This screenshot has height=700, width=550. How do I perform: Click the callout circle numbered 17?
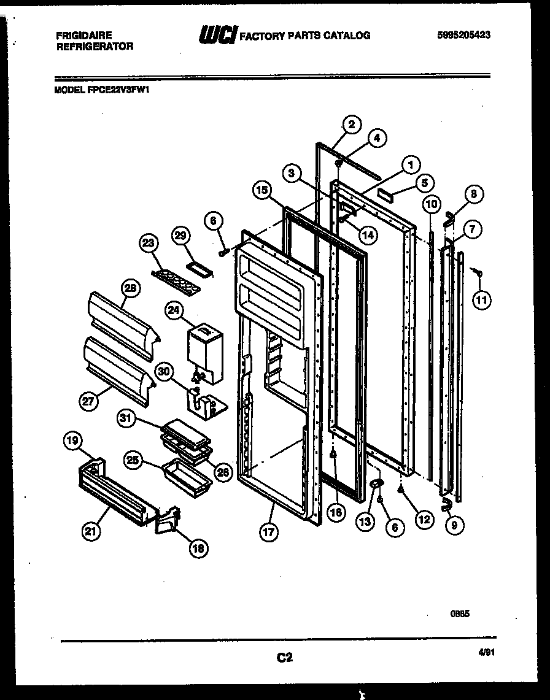(x=268, y=532)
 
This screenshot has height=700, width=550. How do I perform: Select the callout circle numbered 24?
(x=174, y=312)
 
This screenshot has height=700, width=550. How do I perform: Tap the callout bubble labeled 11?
(x=482, y=300)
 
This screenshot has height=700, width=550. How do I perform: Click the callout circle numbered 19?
(x=73, y=439)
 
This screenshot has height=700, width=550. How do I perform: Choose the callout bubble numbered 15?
(x=261, y=191)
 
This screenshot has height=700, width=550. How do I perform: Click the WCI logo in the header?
(x=216, y=36)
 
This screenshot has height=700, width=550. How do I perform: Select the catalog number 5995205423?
(x=464, y=35)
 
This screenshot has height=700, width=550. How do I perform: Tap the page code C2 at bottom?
(x=283, y=658)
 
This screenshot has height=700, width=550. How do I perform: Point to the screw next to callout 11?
(x=478, y=271)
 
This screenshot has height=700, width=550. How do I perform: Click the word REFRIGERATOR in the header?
(x=95, y=46)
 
